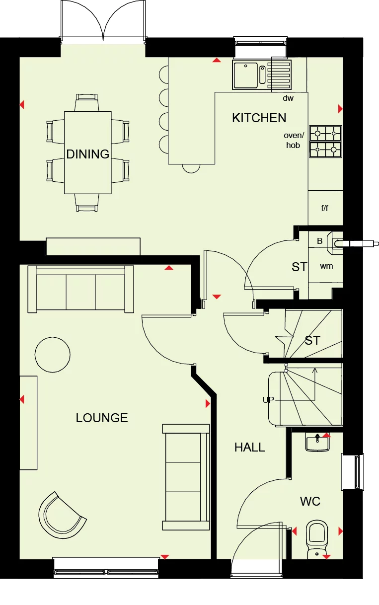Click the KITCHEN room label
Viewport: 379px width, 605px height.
(x=259, y=118)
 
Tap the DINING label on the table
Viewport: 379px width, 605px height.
(x=88, y=154)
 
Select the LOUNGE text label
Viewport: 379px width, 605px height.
(x=102, y=418)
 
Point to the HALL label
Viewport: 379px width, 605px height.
(x=249, y=448)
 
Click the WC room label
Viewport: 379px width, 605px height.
(x=310, y=501)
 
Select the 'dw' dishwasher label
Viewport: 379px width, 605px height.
(x=288, y=98)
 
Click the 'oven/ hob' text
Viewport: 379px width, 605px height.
(x=293, y=140)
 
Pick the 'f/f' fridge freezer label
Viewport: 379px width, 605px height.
(x=324, y=208)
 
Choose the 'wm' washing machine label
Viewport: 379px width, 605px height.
(x=326, y=266)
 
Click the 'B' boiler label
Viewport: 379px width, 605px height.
(x=320, y=241)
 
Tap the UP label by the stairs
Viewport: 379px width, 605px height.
(x=268, y=399)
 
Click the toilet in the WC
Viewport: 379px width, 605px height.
(x=316, y=536)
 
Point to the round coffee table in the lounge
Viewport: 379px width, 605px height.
(x=53, y=354)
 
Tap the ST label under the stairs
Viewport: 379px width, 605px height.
(x=312, y=341)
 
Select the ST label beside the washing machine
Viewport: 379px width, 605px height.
(x=299, y=267)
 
